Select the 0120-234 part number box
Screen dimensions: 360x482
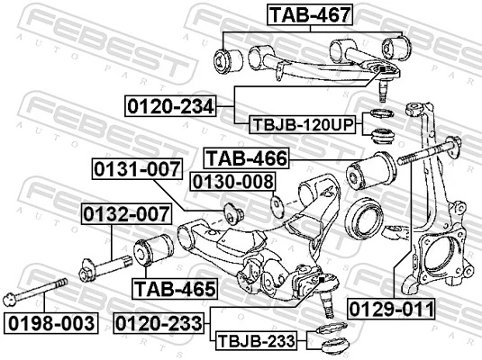point(170,107)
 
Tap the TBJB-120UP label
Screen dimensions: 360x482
point(301,124)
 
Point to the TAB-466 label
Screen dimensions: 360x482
point(246,158)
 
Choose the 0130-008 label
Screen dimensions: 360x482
point(232,183)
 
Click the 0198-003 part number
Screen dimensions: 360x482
point(49,322)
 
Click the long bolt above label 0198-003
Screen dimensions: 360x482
point(36,296)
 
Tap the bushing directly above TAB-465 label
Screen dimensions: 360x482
point(154,250)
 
